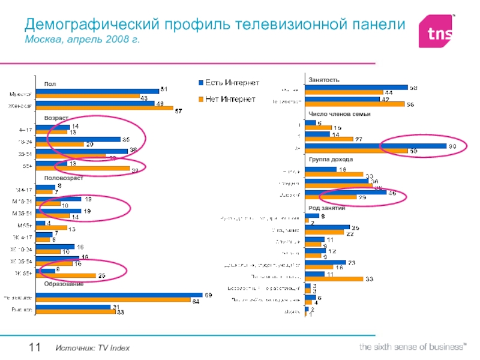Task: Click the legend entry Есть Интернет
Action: [232, 82]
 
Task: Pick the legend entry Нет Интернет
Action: [230, 98]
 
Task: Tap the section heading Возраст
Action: [56, 118]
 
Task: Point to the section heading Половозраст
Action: [62, 178]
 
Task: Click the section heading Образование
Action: [63, 283]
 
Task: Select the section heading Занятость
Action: [324, 80]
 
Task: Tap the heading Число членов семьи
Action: [340, 113]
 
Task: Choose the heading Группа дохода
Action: [331, 160]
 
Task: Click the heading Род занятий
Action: [326, 208]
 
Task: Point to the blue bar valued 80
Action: [376, 146]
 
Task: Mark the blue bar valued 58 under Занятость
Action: [356, 87]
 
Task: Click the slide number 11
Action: [34, 348]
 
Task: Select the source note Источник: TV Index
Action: [93, 349]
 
